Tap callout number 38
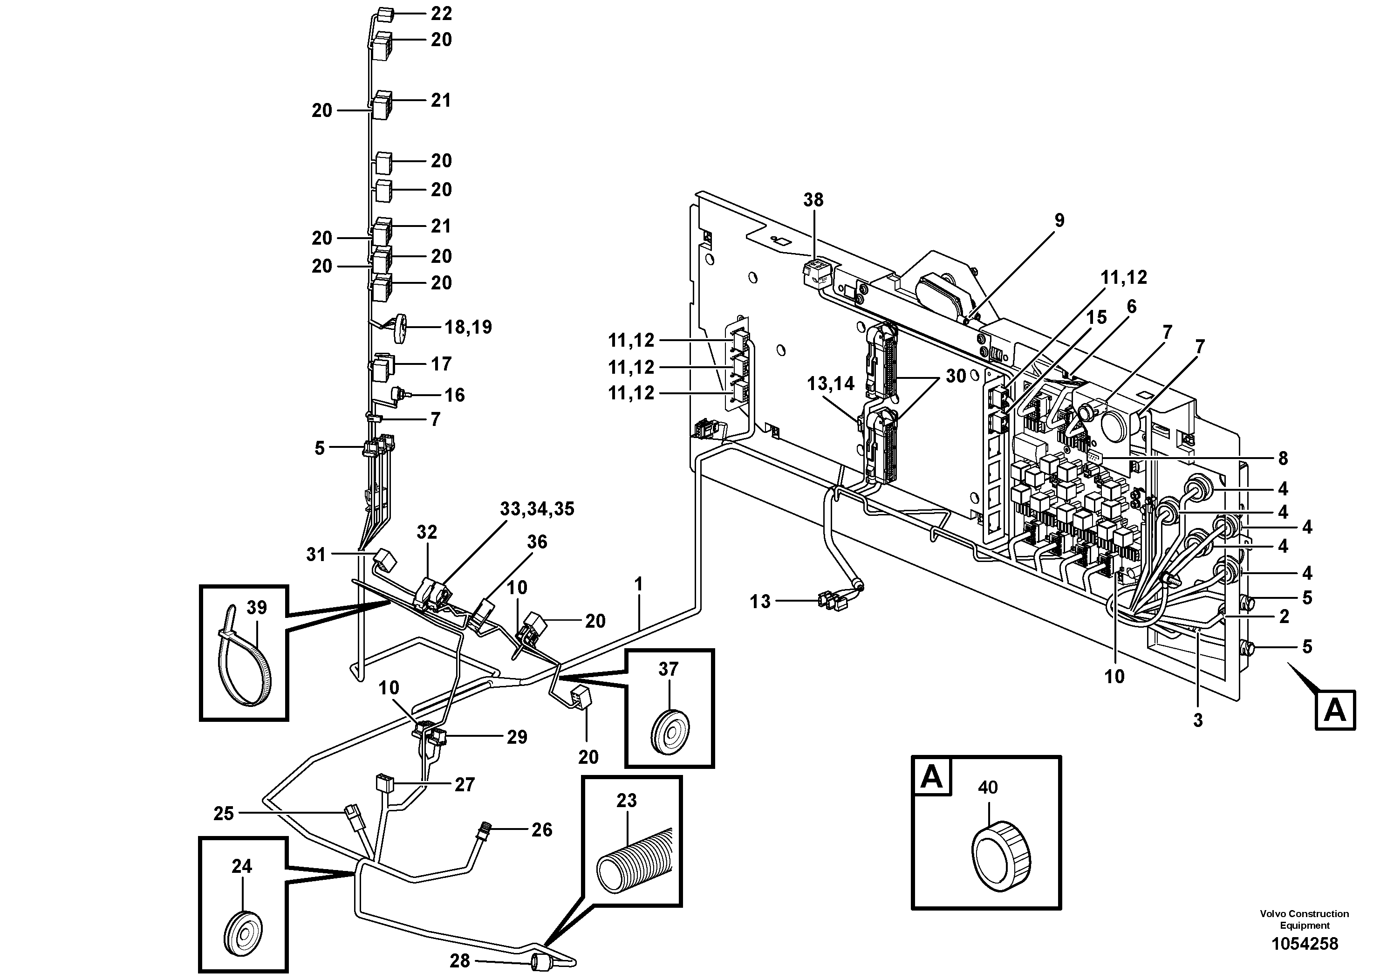(813, 200)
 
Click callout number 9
(1059, 220)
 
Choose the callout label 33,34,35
(537, 509)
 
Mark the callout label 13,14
(831, 383)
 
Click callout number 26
(541, 829)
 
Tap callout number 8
(1283, 459)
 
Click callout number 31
(315, 554)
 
